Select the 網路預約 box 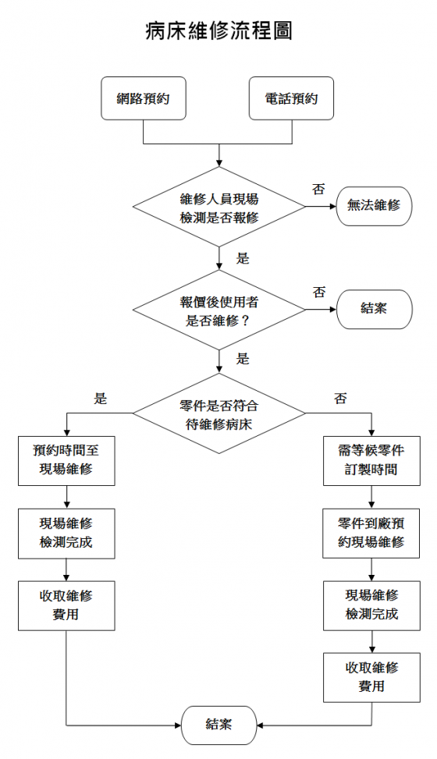[x=144, y=98]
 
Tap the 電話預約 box [x=291, y=98]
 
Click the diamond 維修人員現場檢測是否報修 [x=219, y=207]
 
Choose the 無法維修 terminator [x=374, y=205]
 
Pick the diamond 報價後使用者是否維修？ [x=219, y=310]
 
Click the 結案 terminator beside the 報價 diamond [x=374, y=309]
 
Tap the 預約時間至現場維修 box [x=66, y=461]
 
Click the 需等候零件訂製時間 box [x=371, y=461]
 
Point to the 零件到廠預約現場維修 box [x=371, y=534]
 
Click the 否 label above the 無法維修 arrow [x=318, y=190]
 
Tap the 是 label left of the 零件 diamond [x=101, y=399]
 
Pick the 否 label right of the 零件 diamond [x=340, y=399]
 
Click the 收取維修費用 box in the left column [x=66, y=605]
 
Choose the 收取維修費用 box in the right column [x=371, y=678]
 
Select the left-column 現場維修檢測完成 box [x=66, y=534]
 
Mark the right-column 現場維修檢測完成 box [x=371, y=605]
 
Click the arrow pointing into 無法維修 [x=321, y=207]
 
